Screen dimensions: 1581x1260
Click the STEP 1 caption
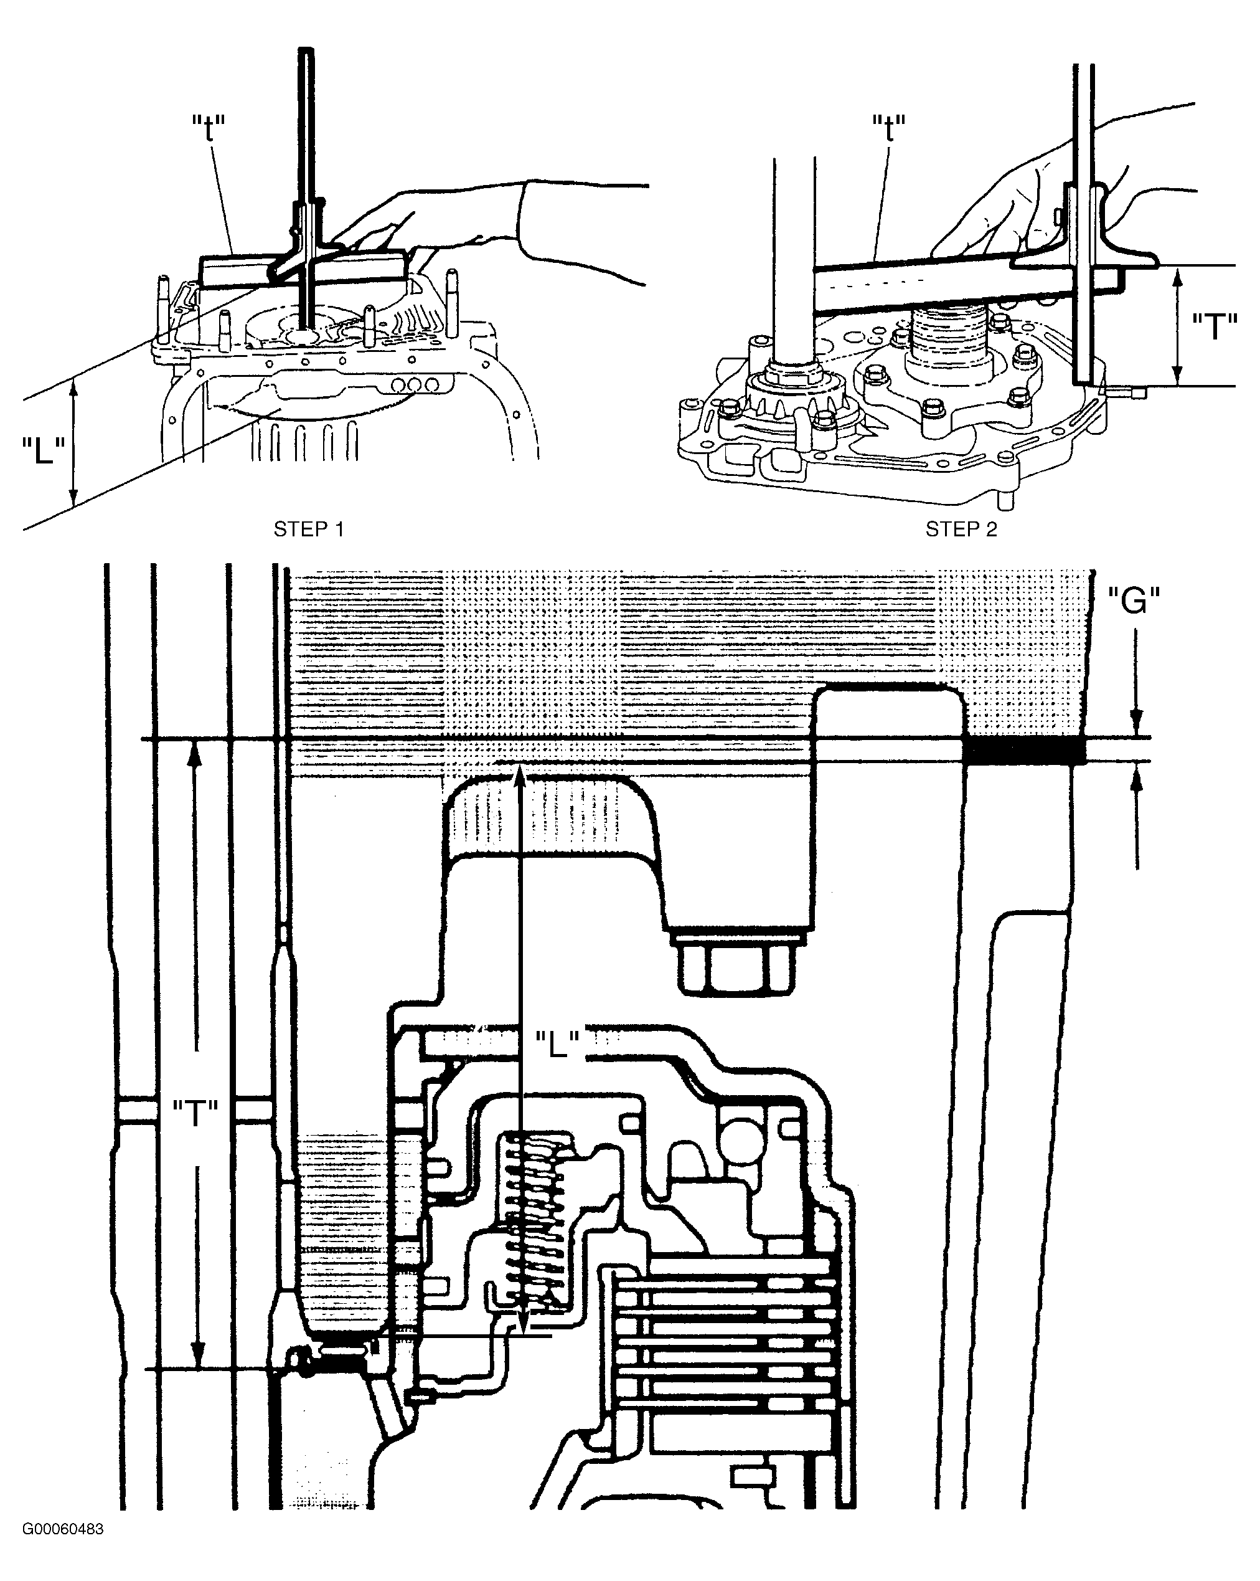[x=308, y=529]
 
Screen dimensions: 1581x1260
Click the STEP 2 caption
[x=961, y=529]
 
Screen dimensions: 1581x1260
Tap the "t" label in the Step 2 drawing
[x=888, y=128]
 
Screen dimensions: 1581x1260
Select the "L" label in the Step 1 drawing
[x=43, y=450]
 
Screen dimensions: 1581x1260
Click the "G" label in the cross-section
[x=1133, y=601]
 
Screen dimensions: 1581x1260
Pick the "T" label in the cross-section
[x=195, y=1114]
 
